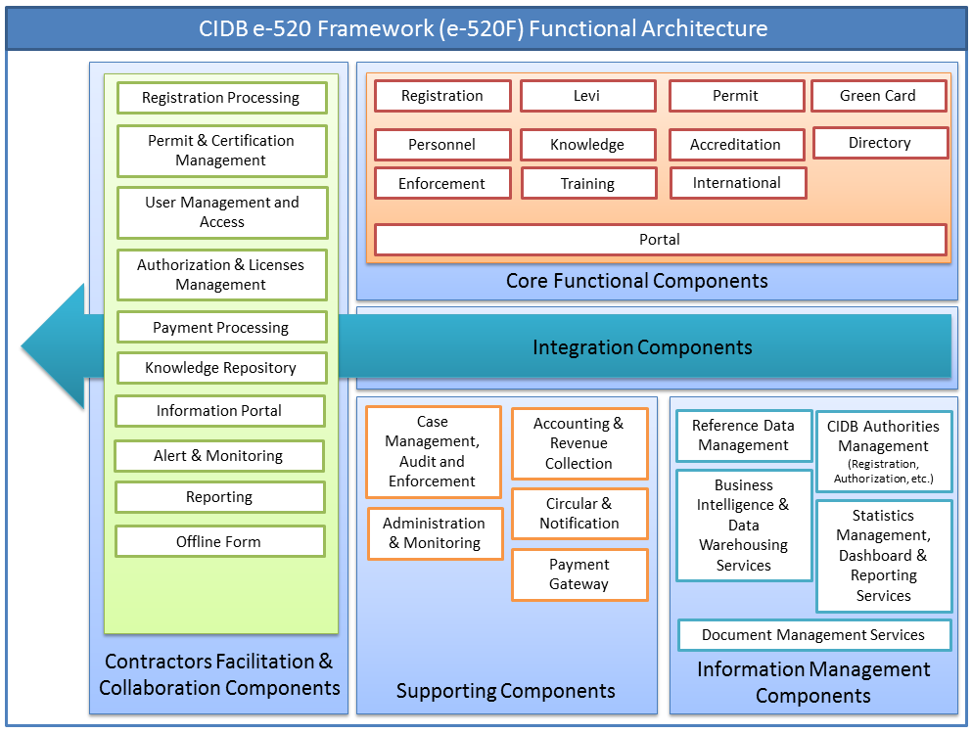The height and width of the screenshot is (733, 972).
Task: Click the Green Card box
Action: click(878, 96)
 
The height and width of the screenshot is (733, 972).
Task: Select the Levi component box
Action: click(587, 96)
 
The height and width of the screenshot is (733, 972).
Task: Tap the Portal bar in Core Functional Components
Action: click(660, 240)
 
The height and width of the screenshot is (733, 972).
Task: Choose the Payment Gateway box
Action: click(579, 574)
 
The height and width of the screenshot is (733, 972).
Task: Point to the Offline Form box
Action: click(219, 541)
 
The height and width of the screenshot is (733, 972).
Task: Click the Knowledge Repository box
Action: click(221, 368)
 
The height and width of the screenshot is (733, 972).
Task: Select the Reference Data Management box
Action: click(744, 435)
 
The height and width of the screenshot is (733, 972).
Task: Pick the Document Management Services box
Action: click(813, 635)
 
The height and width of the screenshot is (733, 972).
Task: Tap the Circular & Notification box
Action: click(579, 514)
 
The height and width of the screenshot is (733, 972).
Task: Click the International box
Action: click(737, 183)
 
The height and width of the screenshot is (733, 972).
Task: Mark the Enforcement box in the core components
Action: click(442, 183)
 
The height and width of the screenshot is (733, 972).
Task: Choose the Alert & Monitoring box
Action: click(218, 456)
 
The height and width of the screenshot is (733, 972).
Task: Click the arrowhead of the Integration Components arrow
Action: click(55, 346)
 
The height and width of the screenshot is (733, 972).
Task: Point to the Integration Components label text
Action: click(642, 347)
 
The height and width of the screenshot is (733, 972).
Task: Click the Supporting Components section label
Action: click(506, 691)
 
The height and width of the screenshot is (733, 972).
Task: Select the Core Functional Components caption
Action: click(637, 281)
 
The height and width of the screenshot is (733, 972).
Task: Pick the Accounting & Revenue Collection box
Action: click(579, 443)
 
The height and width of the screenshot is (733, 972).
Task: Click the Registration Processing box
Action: click(221, 98)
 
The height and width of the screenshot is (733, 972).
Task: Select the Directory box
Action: click(880, 143)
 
